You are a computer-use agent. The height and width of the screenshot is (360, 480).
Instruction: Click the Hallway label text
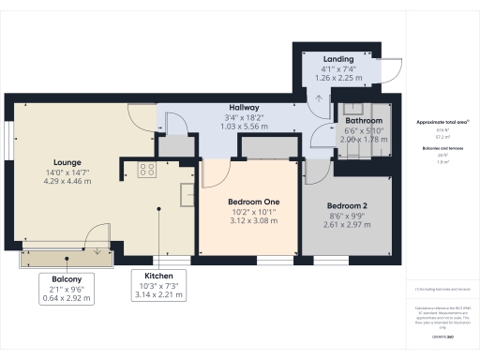(245, 109)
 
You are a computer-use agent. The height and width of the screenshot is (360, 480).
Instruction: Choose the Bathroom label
(364, 122)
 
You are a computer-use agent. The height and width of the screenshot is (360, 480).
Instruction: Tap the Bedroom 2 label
(346, 205)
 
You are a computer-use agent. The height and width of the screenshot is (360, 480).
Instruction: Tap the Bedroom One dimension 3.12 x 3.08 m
(249, 222)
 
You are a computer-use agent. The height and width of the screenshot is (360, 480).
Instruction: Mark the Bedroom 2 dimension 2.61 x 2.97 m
(346, 225)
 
